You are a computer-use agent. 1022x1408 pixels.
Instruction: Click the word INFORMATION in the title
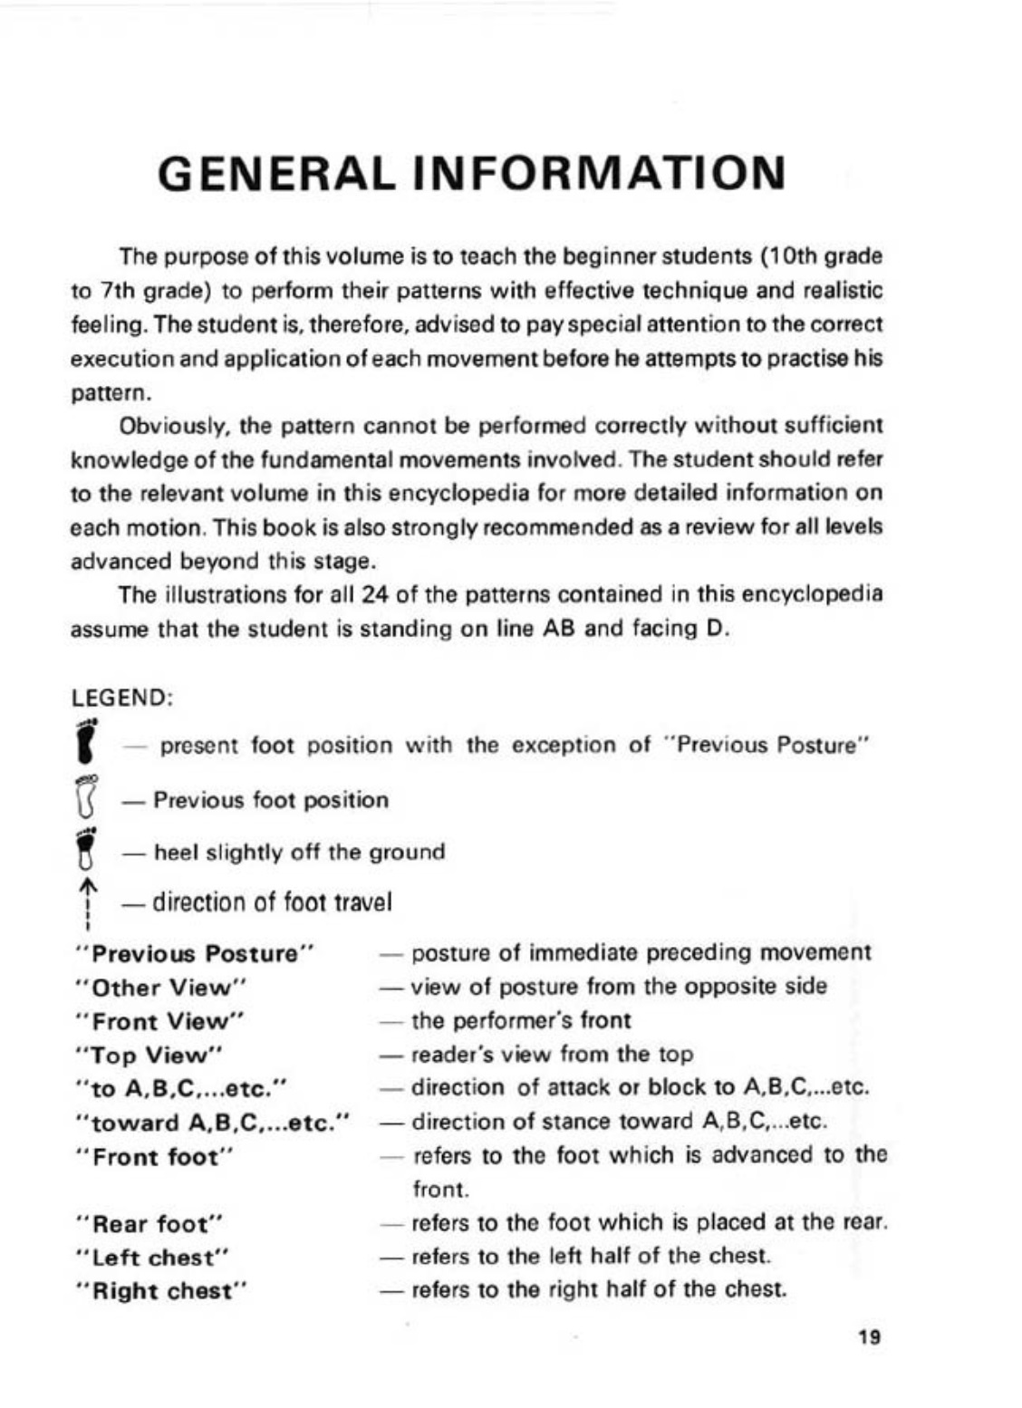(599, 173)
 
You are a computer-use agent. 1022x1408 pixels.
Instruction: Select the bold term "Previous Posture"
(196, 954)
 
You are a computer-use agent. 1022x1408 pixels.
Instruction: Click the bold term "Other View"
(164, 988)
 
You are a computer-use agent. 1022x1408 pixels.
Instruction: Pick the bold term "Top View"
(151, 1056)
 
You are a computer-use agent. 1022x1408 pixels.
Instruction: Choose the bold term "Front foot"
(157, 1157)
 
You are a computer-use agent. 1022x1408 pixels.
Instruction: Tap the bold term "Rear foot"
(151, 1224)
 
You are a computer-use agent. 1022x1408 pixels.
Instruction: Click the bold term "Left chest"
(154, 1258)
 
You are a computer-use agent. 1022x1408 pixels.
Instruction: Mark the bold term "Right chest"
(163, 1291)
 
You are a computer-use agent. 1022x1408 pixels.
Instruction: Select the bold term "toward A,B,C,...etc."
(214, 1124)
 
